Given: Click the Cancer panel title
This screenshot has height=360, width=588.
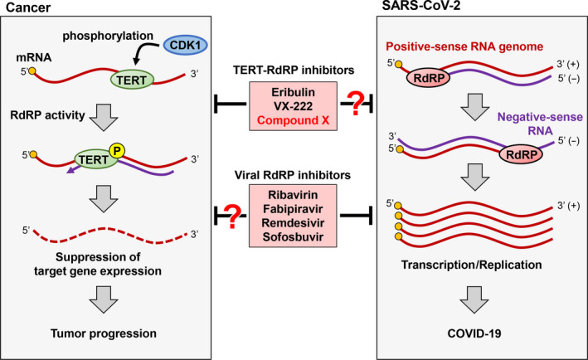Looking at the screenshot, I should pyautogui.click(x=27, y=8).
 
